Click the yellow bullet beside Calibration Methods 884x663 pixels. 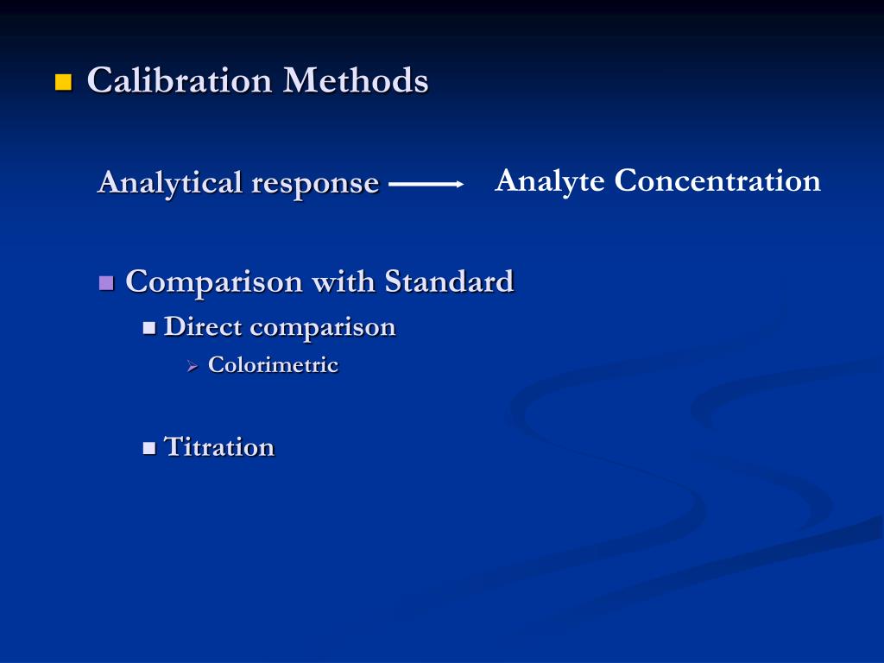tap(63, 83)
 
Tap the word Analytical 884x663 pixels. tap(169, 183)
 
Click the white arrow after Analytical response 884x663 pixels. tap(426, 184)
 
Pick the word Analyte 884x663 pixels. tap(550, 181)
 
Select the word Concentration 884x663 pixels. tap(717, 180)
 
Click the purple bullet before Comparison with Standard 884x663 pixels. tap(107, 282)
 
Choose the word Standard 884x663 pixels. tap(449, 281)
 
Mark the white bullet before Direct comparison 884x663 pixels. tap(149, 328)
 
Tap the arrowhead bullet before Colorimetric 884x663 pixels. tap(193, 367)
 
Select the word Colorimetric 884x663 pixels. tap(273, 365)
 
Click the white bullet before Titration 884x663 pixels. tap(149, 448)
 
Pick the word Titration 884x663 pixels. tap(219, 447)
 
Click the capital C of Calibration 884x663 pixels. tap(101, 81)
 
